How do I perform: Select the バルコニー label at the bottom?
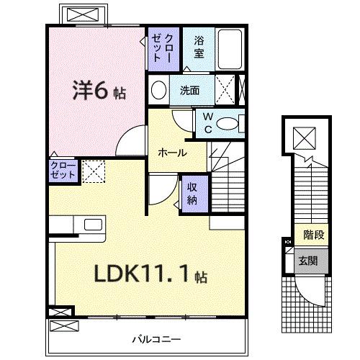(156, 338)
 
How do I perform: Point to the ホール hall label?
(173, 153)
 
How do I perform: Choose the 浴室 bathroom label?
(199, 48)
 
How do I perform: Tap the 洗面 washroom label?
(190, 91)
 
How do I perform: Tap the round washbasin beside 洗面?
(158, 91)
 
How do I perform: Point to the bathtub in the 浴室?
(231, 48)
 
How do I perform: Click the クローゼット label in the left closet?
(62, 171)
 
